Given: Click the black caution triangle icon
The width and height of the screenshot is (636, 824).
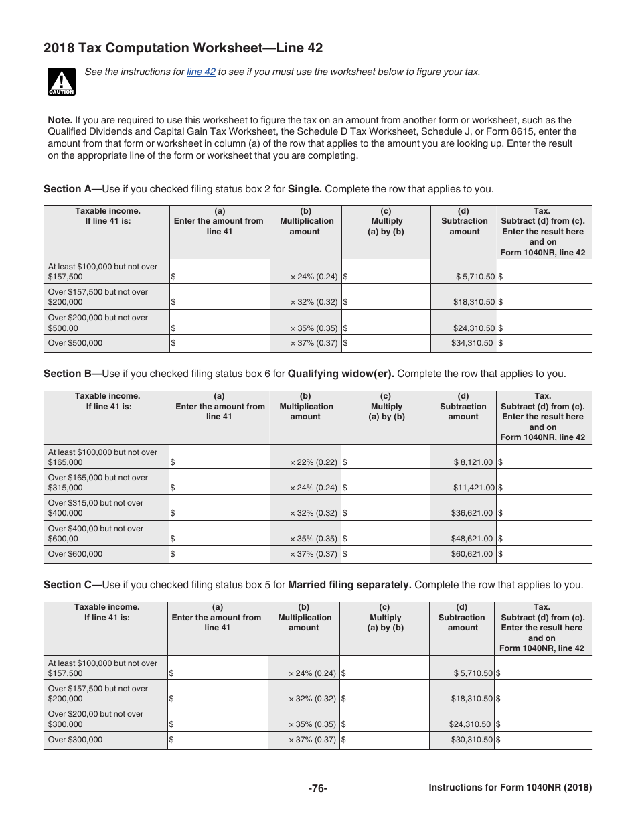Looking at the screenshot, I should coord(61,81).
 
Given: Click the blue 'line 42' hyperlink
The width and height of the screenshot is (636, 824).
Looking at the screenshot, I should coord(201,72).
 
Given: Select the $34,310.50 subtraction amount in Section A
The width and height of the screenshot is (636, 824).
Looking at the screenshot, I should coord(473,343).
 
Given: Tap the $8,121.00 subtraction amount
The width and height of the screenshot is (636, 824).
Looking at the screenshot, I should coord(473,462).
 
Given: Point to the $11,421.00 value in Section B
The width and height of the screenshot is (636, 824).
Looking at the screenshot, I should coord(474,488).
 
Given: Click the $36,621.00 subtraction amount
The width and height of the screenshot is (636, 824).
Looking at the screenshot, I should coord(473,513).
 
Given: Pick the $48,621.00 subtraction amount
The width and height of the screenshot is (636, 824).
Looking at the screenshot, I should coord(473,539).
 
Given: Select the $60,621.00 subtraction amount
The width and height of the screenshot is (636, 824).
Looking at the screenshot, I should coord(473,554).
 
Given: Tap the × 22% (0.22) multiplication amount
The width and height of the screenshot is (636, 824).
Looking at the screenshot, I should coord(313,462).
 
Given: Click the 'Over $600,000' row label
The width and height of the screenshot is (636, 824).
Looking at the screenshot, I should coord(76,554).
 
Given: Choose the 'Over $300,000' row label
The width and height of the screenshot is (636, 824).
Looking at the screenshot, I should coord(76,740).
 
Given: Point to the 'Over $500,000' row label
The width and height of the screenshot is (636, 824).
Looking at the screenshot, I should coord(76,343).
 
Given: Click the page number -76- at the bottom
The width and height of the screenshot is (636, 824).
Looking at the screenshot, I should coord(317,788).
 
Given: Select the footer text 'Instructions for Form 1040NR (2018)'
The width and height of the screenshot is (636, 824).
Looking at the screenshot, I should coord(510,788).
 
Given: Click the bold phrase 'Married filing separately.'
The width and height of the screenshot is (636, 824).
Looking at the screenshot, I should coord(349,585).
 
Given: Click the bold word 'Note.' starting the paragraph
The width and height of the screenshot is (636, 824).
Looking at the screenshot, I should coord(60,120).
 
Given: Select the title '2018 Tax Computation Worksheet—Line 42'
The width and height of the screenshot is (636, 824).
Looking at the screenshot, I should coord(183,48).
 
